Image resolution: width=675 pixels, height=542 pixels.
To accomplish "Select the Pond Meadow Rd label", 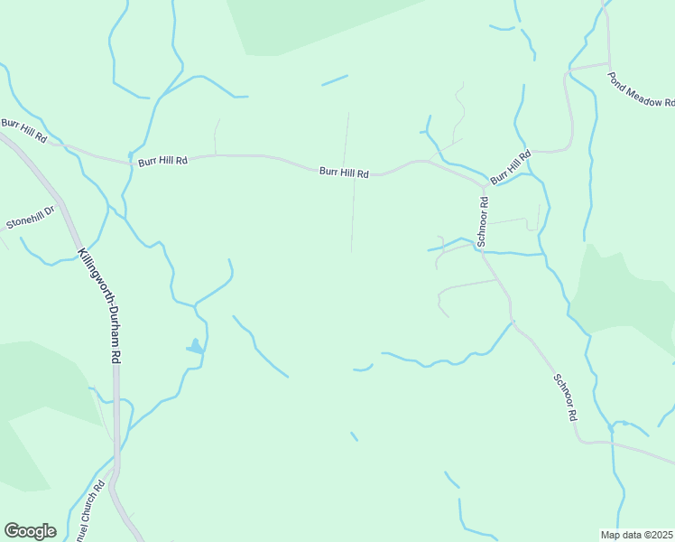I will (642, 89).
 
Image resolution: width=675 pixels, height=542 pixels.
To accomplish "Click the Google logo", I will (30, 531).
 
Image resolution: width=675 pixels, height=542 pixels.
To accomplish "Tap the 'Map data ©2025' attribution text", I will (636, 535).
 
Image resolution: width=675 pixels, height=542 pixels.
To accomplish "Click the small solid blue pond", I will (195, 346).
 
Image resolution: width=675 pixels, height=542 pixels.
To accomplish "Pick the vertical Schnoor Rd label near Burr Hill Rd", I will (484, 221).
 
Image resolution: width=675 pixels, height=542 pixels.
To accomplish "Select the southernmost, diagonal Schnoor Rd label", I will (565, 398).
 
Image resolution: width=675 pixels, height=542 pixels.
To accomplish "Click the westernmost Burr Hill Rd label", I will (23, 130).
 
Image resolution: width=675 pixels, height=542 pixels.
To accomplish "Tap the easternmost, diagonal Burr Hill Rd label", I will (511, 169).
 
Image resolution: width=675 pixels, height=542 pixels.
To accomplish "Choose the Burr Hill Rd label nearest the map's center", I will (344, 172).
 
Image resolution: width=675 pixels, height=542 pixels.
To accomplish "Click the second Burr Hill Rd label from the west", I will (162, 161).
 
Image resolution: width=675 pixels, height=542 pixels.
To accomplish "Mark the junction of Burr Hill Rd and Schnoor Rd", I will (484, 185).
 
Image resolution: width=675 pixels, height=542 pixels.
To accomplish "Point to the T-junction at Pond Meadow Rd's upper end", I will (606, 65).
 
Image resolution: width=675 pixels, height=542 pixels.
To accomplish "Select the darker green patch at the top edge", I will (316, 23).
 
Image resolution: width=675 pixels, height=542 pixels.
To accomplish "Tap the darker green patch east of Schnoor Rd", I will (623, 298).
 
